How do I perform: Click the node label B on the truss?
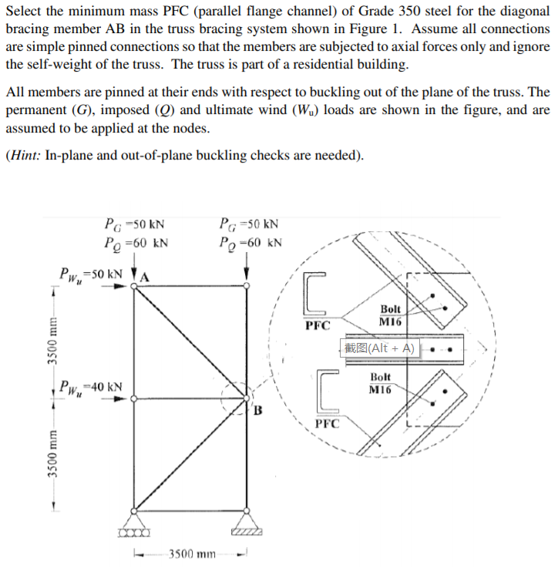pyautogui.click(x=260, y=408)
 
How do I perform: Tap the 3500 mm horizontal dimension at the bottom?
pyautogui.click(x=190, y=553)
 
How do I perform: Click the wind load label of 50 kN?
pyautogui.click(x=92, y=274)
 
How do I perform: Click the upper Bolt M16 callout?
pyautogui.click(x=392, y=314)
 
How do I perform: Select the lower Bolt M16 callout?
pyautogui.click(x=380, y=383)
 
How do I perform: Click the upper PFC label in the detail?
pyautogui.click(x=318, y=324)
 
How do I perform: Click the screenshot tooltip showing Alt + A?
pyautogui.click(x=379, y=348)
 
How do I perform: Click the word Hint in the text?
pyautogui.click(x=25, y=154)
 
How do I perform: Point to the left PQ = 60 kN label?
pyautogui.click(x=136, y=244)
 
